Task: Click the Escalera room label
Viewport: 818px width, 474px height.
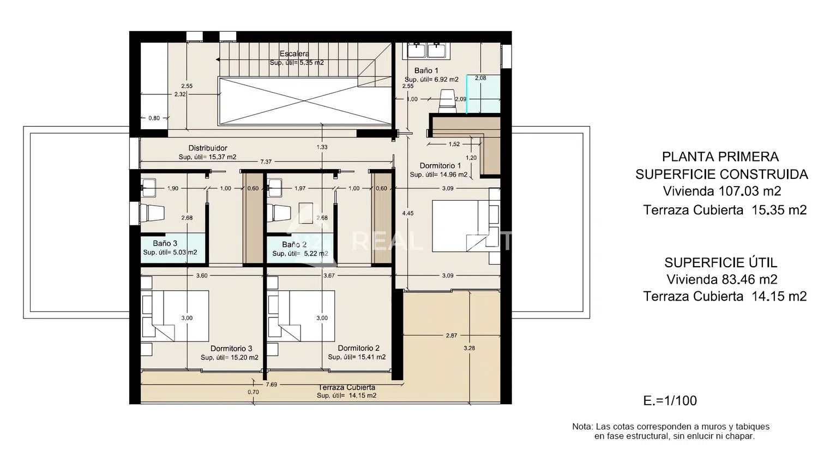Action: click(x=294, y=53)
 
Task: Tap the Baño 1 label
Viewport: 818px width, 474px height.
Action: click(x=426, y=70)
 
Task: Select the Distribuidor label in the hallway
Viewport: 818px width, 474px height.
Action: click(x=208, y=148)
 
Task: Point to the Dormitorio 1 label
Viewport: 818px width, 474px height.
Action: click(x=440, y=166)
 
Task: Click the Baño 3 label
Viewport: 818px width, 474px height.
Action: click(x=165, y=243)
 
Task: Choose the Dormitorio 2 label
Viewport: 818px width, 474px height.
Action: click(x=359, y=348)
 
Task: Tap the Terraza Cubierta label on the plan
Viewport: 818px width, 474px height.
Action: click(x=346, y=387)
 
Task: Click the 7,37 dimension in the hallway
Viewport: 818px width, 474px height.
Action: click(x=266, y=162)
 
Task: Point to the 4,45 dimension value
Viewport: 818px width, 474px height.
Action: click(x=407, y=213)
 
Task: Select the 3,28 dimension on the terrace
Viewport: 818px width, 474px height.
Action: click(x=469, y=348)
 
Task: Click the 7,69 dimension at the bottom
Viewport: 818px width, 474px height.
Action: click(x=272, y=385)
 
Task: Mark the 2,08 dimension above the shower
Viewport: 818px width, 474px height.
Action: click(x=480, y=78)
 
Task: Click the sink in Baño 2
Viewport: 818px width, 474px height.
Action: click(x=274, y=188)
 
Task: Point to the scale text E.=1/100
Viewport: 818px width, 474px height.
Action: click(x=670, y=400)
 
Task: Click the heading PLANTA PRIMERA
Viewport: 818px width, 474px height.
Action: click(x=720, y=157)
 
